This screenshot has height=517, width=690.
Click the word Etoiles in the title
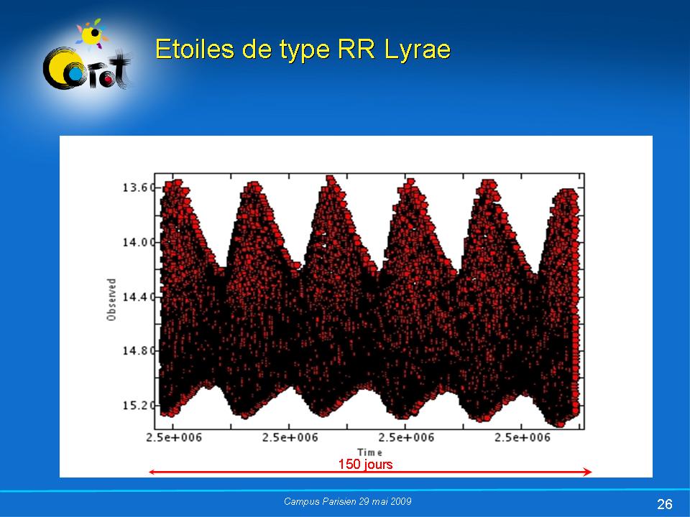[x=195, y=49]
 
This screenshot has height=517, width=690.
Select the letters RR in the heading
[x=356, y=50]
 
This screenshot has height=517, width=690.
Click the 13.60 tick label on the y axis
[x=139, y=187]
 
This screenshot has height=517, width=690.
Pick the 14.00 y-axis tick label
[x=139, y=242]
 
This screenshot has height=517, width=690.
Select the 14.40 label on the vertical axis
[x=139, y=297]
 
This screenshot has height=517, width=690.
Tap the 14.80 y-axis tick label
[x=139, y=351]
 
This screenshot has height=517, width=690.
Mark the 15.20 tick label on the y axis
[x=139, y=405]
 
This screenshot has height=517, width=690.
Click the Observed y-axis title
[x=111, y=299]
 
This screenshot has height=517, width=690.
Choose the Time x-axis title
[x=369, y=452]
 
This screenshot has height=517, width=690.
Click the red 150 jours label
[x=365, y=465]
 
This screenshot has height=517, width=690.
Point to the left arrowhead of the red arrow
[x=152, y=472]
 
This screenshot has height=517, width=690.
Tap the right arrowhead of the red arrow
[x=588, y=472]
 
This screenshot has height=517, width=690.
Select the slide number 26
[x=664, y=504]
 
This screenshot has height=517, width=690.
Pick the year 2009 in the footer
[x=401, y=501]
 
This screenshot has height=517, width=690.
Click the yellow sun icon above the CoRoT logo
[x=92, y=34]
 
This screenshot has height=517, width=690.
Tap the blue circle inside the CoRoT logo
[x=76, y=75]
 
